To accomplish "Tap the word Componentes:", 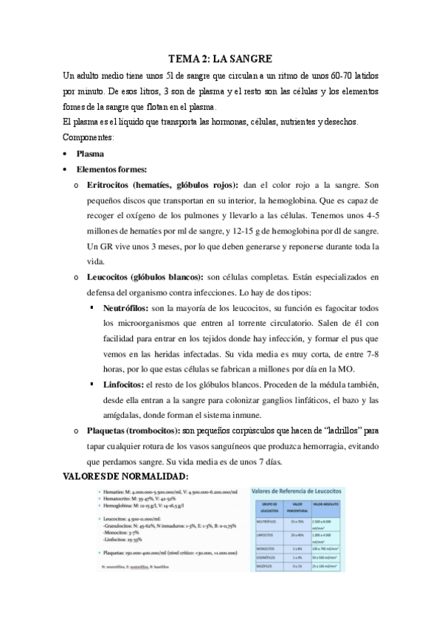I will coord(89,138).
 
